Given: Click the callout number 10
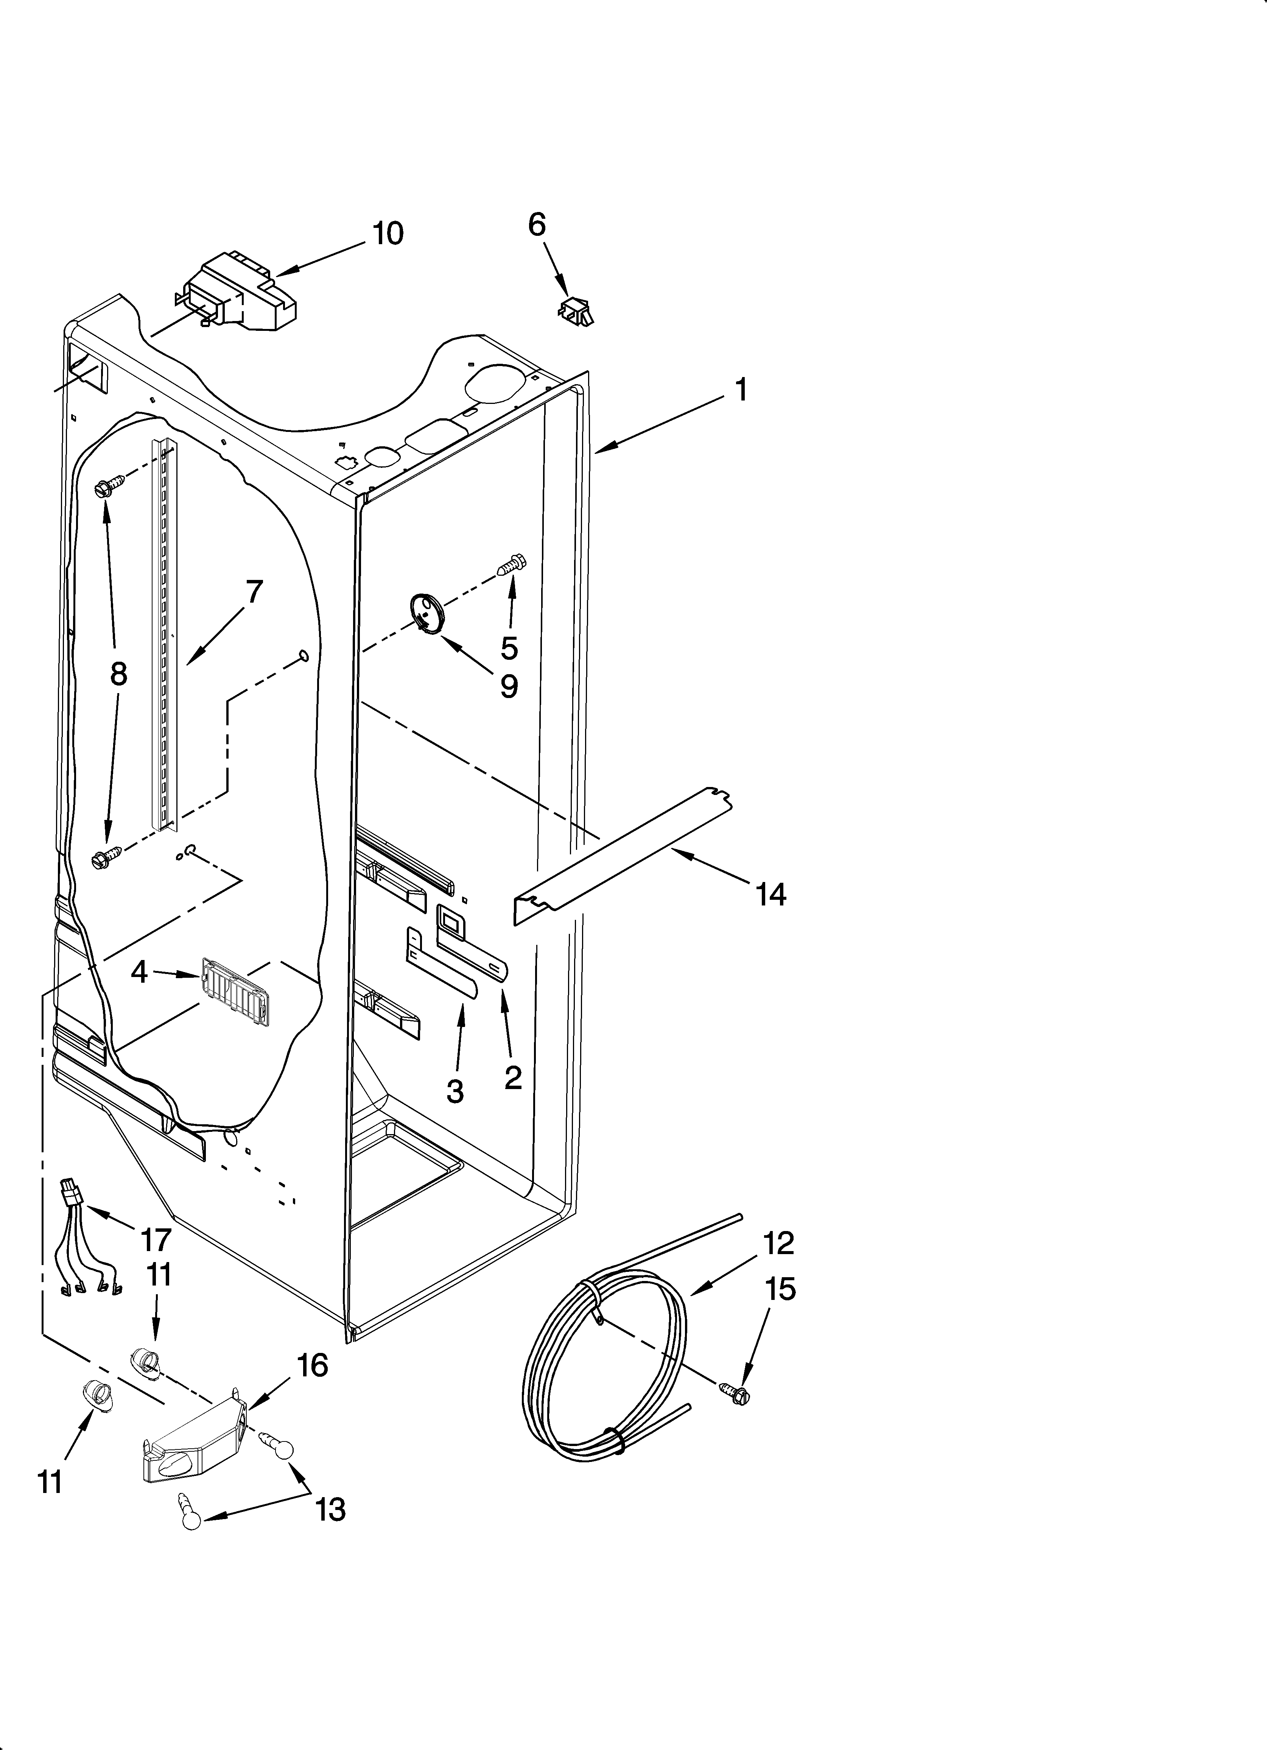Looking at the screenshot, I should pos(388,233).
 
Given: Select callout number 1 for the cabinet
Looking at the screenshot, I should pos(741,390).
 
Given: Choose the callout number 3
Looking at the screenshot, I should pos(455,1091).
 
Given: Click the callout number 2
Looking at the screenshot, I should pos(513,1077).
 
